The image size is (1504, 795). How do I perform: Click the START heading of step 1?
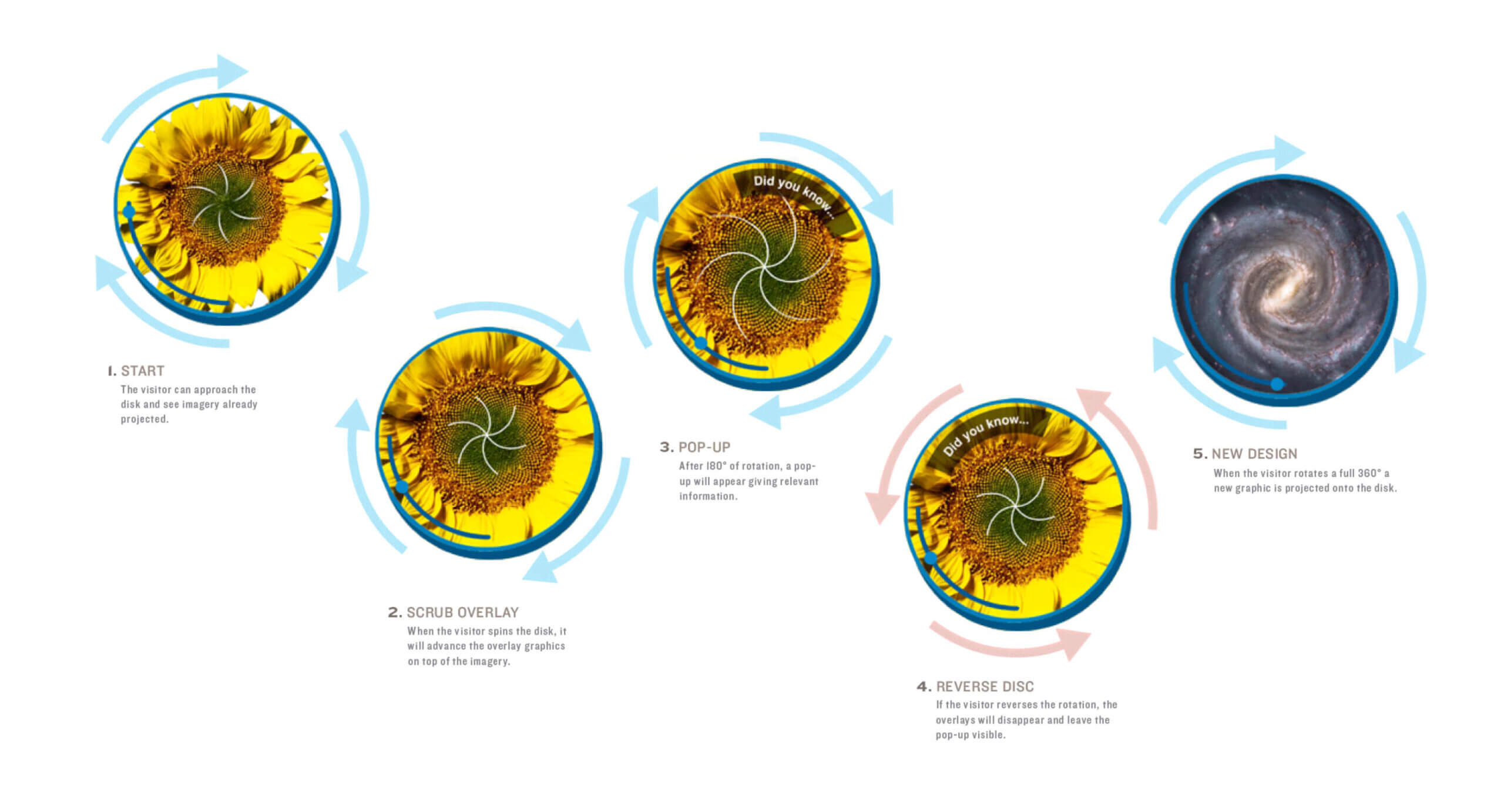(142, 371)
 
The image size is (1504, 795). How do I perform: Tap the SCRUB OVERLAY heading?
(462, 612)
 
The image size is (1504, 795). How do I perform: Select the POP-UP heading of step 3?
(704, 447)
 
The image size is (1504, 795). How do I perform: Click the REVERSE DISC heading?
(985, 686)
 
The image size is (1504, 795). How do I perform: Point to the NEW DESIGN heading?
(1254, 454)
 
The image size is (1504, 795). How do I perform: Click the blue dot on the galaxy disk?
(1277, 384)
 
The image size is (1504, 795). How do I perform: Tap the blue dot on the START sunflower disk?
(129, 211)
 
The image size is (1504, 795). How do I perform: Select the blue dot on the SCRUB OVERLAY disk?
(402, 487)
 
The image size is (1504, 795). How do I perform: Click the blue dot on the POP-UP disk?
(701, 343)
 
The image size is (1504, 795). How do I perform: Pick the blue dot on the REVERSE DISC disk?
(931, 558)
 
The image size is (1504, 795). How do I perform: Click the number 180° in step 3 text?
(716, 466)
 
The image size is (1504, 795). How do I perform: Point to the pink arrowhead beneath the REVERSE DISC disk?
(1072, 643)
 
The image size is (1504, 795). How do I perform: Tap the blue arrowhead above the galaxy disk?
(1288, 153)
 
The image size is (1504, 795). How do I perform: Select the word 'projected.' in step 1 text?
(145, 419)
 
